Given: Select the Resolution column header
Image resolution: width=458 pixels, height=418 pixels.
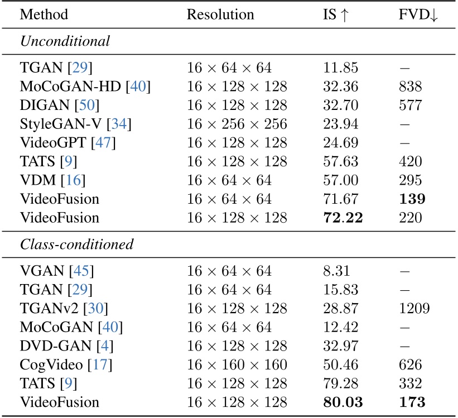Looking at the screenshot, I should [x=220, y=15].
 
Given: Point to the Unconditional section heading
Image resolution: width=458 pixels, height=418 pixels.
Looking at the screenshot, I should [x=65, y=41].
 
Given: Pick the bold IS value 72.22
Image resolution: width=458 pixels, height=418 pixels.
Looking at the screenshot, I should [x=343, y=218].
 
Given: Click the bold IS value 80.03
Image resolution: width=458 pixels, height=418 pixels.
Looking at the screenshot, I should [x=343, y=402].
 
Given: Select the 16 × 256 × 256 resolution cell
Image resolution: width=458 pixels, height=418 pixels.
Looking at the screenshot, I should [x=237, y=124].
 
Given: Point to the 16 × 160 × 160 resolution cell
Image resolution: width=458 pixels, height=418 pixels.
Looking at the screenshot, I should [x=237, y=365].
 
